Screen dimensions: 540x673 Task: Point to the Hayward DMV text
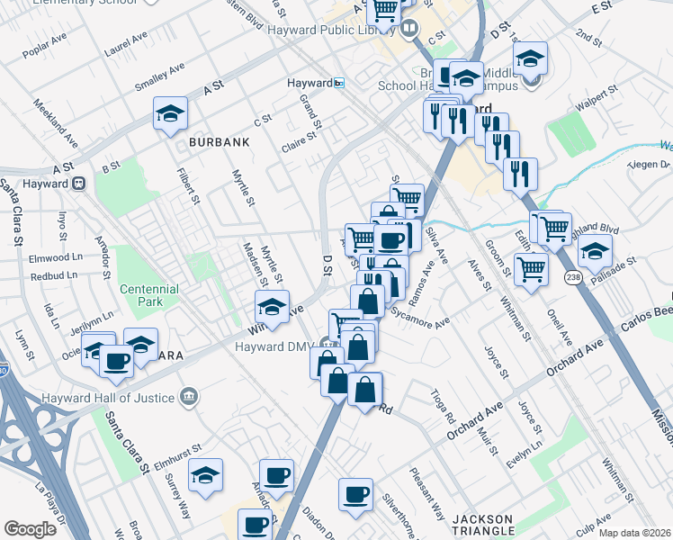274,346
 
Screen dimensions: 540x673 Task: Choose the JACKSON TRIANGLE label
482,526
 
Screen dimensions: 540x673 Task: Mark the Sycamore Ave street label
420,318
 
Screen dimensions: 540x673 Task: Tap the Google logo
30,529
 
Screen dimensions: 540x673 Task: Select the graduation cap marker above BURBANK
169,114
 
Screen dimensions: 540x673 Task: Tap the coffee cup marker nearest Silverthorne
355,493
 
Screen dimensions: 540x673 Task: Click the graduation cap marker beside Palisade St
595,252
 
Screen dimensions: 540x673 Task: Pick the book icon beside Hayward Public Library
410,28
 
